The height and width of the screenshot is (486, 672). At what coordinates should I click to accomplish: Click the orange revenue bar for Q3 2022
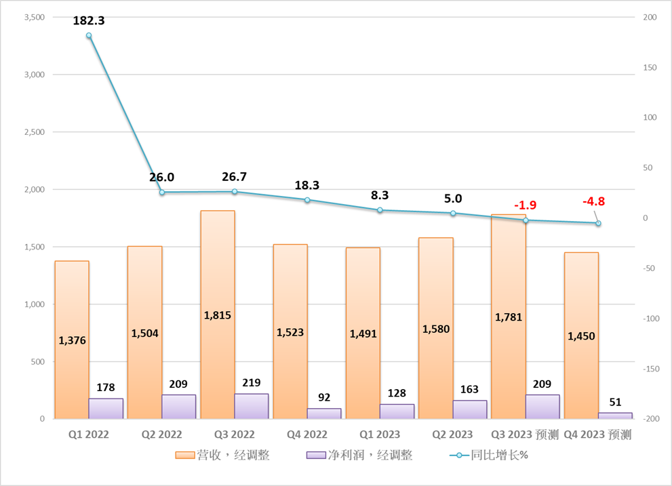click(x=217, y=285)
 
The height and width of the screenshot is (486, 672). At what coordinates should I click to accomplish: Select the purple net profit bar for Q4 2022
click(x=323, y=413)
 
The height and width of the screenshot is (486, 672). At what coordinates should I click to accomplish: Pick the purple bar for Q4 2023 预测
click(x=615, y=416)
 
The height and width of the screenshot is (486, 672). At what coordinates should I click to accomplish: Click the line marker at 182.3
click(x=89, y=35)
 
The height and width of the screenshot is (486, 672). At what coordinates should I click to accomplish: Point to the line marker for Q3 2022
click(x=235, y=192)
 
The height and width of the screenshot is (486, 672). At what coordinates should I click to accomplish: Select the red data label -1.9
click(x=526, y=205)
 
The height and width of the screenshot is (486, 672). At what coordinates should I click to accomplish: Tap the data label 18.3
click(x=307, y=184)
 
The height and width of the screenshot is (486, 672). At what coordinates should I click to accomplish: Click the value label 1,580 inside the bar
click(x=435, y=329)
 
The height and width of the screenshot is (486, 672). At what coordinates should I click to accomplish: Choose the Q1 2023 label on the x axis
click(x=380, y=434)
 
